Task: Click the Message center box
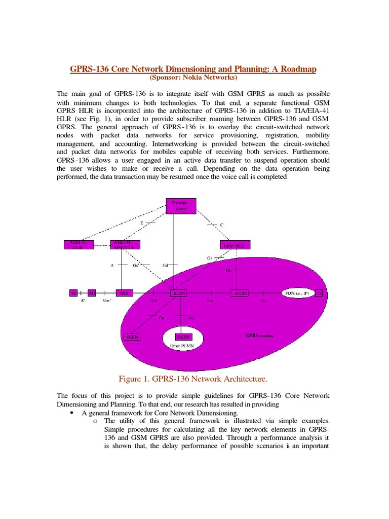tap(181, 205)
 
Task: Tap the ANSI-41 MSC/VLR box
tap(125, 245)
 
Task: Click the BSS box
tap(124, 293)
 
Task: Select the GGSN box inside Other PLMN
tap(183, 337)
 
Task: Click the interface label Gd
tap(165, 265)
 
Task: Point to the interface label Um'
tap(107, 301)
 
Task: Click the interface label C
tap(221, 225)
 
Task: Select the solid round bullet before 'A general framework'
tap(70, 414)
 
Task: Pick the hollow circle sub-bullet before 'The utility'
tap(95, 421)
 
